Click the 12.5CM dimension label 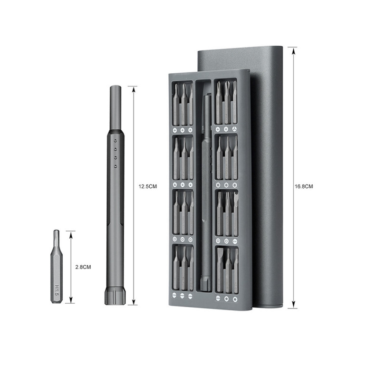[147, 186]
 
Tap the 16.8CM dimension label [304, 186]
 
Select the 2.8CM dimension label [83, 267]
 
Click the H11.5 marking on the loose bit [57, 290]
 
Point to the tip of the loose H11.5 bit [56, 231]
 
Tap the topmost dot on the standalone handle [116, 141]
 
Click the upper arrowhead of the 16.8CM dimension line [294, 51]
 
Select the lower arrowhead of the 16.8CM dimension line [294, 304]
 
